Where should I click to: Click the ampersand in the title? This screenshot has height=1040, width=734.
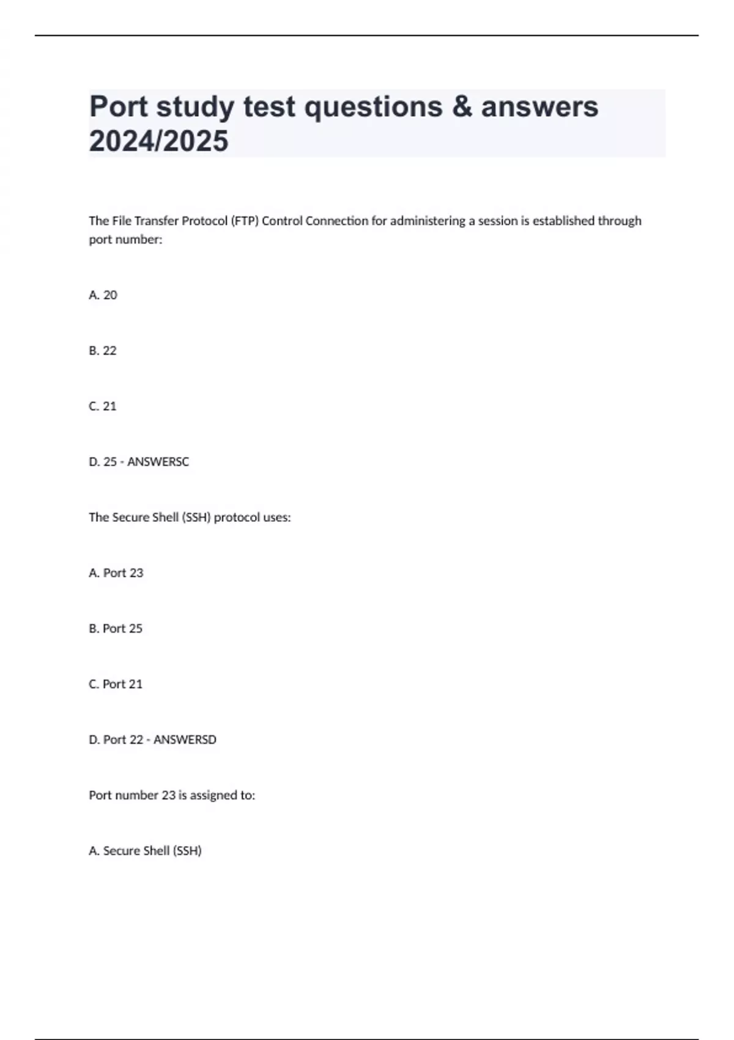pos(462,106)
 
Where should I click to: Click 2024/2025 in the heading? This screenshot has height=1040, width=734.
pos(159,141)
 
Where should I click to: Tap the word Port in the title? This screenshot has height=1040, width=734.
pos(119,106)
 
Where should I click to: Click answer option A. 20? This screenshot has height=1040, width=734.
pos(103,295)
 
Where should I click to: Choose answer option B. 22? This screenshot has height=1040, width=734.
pos(103,351)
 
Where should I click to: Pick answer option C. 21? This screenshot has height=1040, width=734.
pos(103,406)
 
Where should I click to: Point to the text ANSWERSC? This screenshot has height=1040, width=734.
pos(158,462)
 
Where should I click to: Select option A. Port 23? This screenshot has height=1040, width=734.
pos(116,573)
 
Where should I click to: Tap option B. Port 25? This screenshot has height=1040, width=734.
pos(116,628)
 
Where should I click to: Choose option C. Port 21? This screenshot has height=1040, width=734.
pos(116,684)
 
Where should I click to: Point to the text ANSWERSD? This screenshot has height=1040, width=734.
pos(185,740)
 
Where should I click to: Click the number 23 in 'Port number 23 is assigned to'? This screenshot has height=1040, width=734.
pos(168,795)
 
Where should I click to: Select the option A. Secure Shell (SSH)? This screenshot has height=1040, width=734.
pos(146,851)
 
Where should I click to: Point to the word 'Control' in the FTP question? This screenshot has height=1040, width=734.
pos(282,221)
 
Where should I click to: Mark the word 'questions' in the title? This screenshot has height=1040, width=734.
pos(373,106)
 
